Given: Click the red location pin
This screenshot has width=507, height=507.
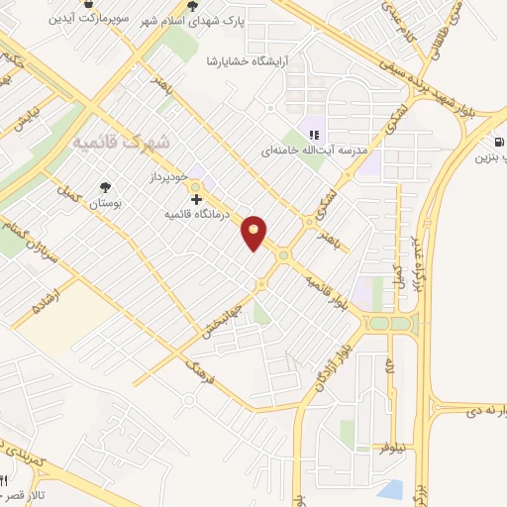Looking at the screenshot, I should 254,232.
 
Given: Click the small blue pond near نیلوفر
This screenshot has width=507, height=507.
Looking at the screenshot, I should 391,487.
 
